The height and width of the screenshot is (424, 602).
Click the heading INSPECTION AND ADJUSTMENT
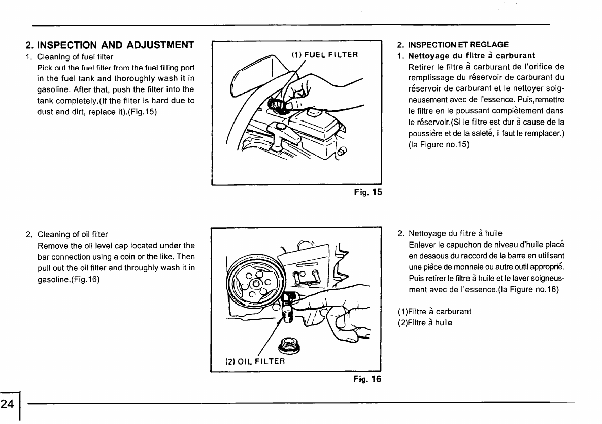coord(110,44)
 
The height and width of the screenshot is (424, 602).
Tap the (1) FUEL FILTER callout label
coord(325,54)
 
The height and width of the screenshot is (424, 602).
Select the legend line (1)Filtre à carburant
coord(434,311)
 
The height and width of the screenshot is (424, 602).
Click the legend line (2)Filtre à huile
coord(425,322)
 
